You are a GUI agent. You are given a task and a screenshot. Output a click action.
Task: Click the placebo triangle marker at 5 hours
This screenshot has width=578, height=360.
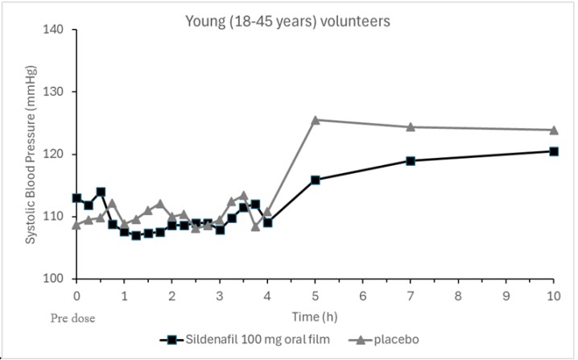[x=315, y=120]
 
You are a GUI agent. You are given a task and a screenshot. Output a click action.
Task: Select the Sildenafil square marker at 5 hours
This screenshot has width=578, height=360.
[x=315, y=180]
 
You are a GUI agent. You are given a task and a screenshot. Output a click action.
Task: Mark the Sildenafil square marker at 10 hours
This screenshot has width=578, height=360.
[x=554, y=151]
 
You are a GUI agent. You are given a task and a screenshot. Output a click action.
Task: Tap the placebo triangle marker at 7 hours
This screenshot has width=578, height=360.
[x=411, y=126]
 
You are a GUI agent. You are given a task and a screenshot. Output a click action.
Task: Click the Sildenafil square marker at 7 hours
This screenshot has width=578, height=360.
[x=411, y=160]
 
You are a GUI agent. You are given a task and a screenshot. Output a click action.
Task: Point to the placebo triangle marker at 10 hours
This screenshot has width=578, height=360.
[x=554, y=130]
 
